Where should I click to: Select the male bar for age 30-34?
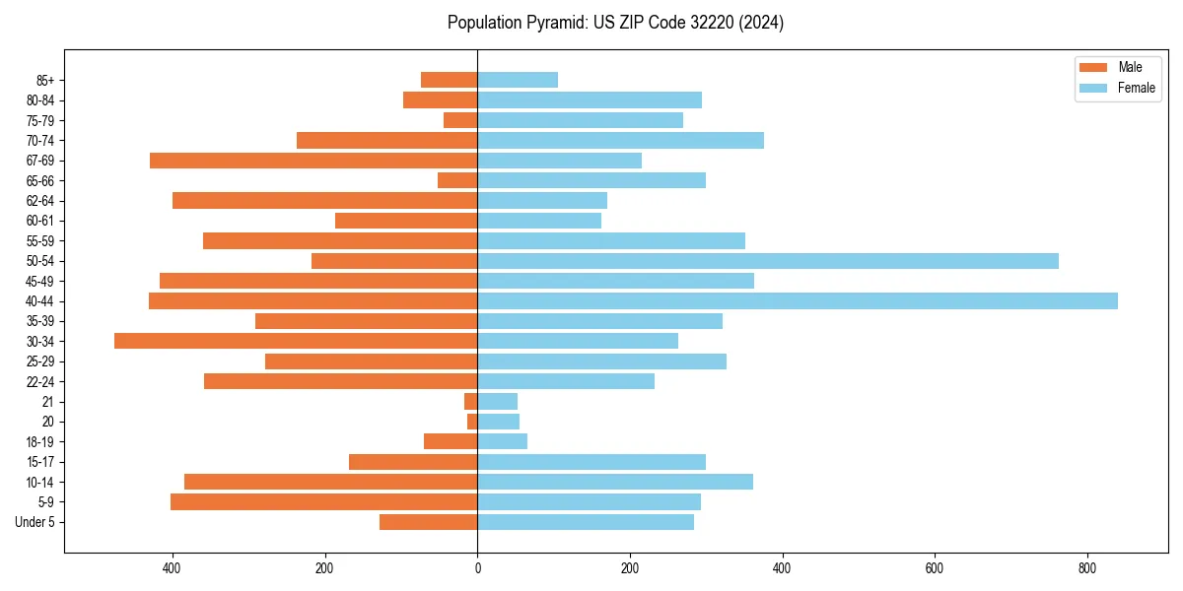point(296,341)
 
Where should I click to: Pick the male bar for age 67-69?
point(313,161)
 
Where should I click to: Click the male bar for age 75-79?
point(460,120)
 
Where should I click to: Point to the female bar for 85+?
point(518,80)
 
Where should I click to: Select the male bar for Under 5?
point(429,522)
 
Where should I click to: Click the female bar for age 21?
point(498,401)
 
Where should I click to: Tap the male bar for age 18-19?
point(451,441)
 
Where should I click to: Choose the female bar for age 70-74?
point(621,141)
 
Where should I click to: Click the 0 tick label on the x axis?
point(477,568)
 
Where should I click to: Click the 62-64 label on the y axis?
point(40,201)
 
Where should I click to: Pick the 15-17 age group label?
point(40,462)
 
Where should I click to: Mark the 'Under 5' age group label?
point(35,522)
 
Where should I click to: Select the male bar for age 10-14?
point(331,482)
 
